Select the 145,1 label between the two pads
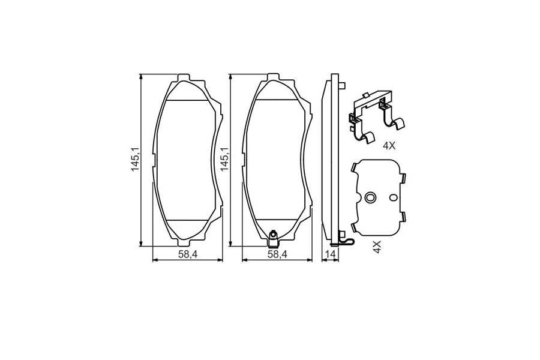[225, 160]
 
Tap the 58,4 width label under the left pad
[187, 254]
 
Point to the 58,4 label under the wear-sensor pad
[278, 254]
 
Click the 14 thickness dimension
[330, 254]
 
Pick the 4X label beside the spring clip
[389, 146]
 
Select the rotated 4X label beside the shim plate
[377, 247]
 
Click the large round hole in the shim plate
[370, 198]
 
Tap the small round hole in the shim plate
[393, 198]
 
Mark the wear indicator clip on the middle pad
[273, 238]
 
